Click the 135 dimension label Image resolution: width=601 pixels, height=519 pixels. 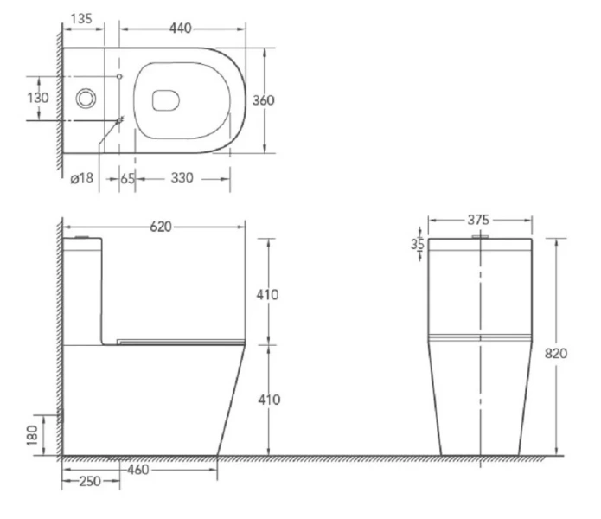[81, 18]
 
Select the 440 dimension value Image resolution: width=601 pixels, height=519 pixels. [180, 28]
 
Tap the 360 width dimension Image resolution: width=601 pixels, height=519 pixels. [264, 100]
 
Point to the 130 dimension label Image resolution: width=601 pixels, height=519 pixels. [38, 98]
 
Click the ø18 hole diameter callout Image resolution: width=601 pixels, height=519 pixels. [82, 178]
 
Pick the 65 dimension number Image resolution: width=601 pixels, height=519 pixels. [128, 178]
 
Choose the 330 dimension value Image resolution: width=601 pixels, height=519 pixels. [182, 178]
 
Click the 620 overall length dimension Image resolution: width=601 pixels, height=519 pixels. [161, 227]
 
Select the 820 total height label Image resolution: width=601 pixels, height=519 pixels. [556, 354]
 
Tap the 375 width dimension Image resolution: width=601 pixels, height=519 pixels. [478, 220]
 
